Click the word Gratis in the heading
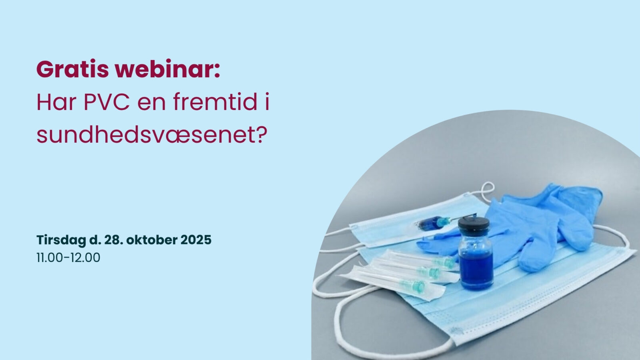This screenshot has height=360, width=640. pyautogui.click(x=72, y=70)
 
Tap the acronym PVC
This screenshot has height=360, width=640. pyautogui.click(x=106, y=102)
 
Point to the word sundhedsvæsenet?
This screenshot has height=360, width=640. pyautogui.click(x=152, y=136)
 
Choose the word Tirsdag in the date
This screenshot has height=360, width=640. pyautogui.click(x=60, y=240)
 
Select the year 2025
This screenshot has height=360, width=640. pyautogui.click(x=196, y=240)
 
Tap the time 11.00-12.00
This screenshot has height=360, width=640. pyautogui.click(x=68, y=258)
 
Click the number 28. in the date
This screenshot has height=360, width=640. pyautogui.click(x=113, y=240)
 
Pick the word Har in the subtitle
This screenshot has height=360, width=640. pyautogui.click(x=50, y=102)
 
